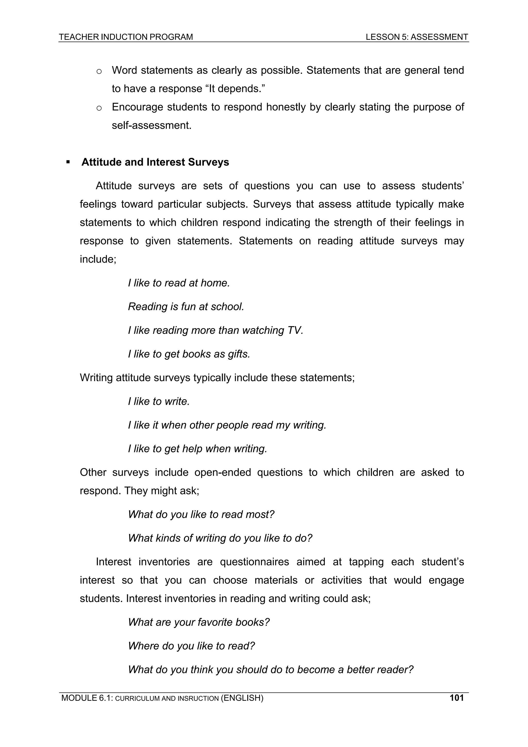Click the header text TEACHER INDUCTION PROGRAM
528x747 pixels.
tap(126, 37)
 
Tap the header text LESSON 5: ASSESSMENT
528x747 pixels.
tap(417, 37)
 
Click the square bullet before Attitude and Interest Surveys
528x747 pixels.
tap(68, 162)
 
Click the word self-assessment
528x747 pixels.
tap(151, 125)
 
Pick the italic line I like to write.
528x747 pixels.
tap(159, 401)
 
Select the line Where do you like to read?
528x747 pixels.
tap(191, 646)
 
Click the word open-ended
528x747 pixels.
tap(222, 472)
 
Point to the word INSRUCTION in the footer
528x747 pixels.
tap(198, 708)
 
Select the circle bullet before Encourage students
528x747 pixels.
tap(99, 108)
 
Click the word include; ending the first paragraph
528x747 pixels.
tap(98, 259)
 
